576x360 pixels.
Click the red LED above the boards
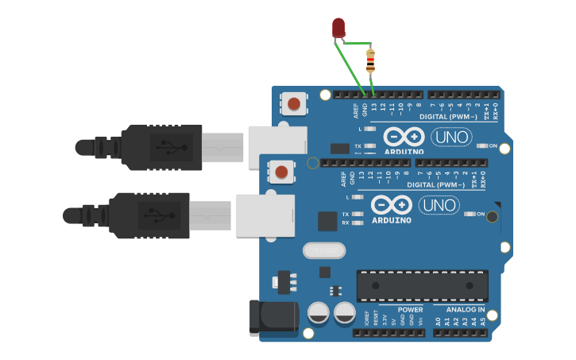point(338,29)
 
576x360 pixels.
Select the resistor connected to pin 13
point(370,60)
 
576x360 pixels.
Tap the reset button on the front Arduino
point(281,171)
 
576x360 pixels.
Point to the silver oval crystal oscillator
point(324,250)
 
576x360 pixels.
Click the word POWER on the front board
point(410,309)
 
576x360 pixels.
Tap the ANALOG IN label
point(466,309)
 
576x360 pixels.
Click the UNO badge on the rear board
point(450,137)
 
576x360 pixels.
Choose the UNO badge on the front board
point(439,205)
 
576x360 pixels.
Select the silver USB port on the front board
point(265,215)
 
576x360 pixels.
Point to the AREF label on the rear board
point(356,110)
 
